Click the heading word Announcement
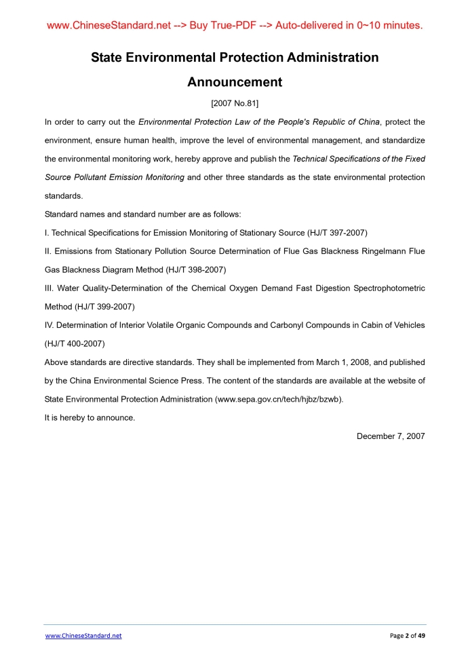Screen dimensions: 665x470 tap(235, 82)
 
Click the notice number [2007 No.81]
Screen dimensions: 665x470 tap(235, 104)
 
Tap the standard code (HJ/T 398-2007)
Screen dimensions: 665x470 tap(195, 269)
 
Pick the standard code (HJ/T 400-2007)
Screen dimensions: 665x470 tap(75, 343)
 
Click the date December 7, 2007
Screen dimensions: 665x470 tap(391, 436)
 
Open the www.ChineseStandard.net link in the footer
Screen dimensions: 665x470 tap(83, 636)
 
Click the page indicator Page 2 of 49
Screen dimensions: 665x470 tap(408, 636)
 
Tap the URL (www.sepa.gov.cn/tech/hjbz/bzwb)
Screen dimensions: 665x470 tap(279, 400)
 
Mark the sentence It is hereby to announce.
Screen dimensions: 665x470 tap(90, 418)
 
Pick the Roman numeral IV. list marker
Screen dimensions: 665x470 tap(50, 325)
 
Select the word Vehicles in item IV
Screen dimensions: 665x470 tap(408, 325)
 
